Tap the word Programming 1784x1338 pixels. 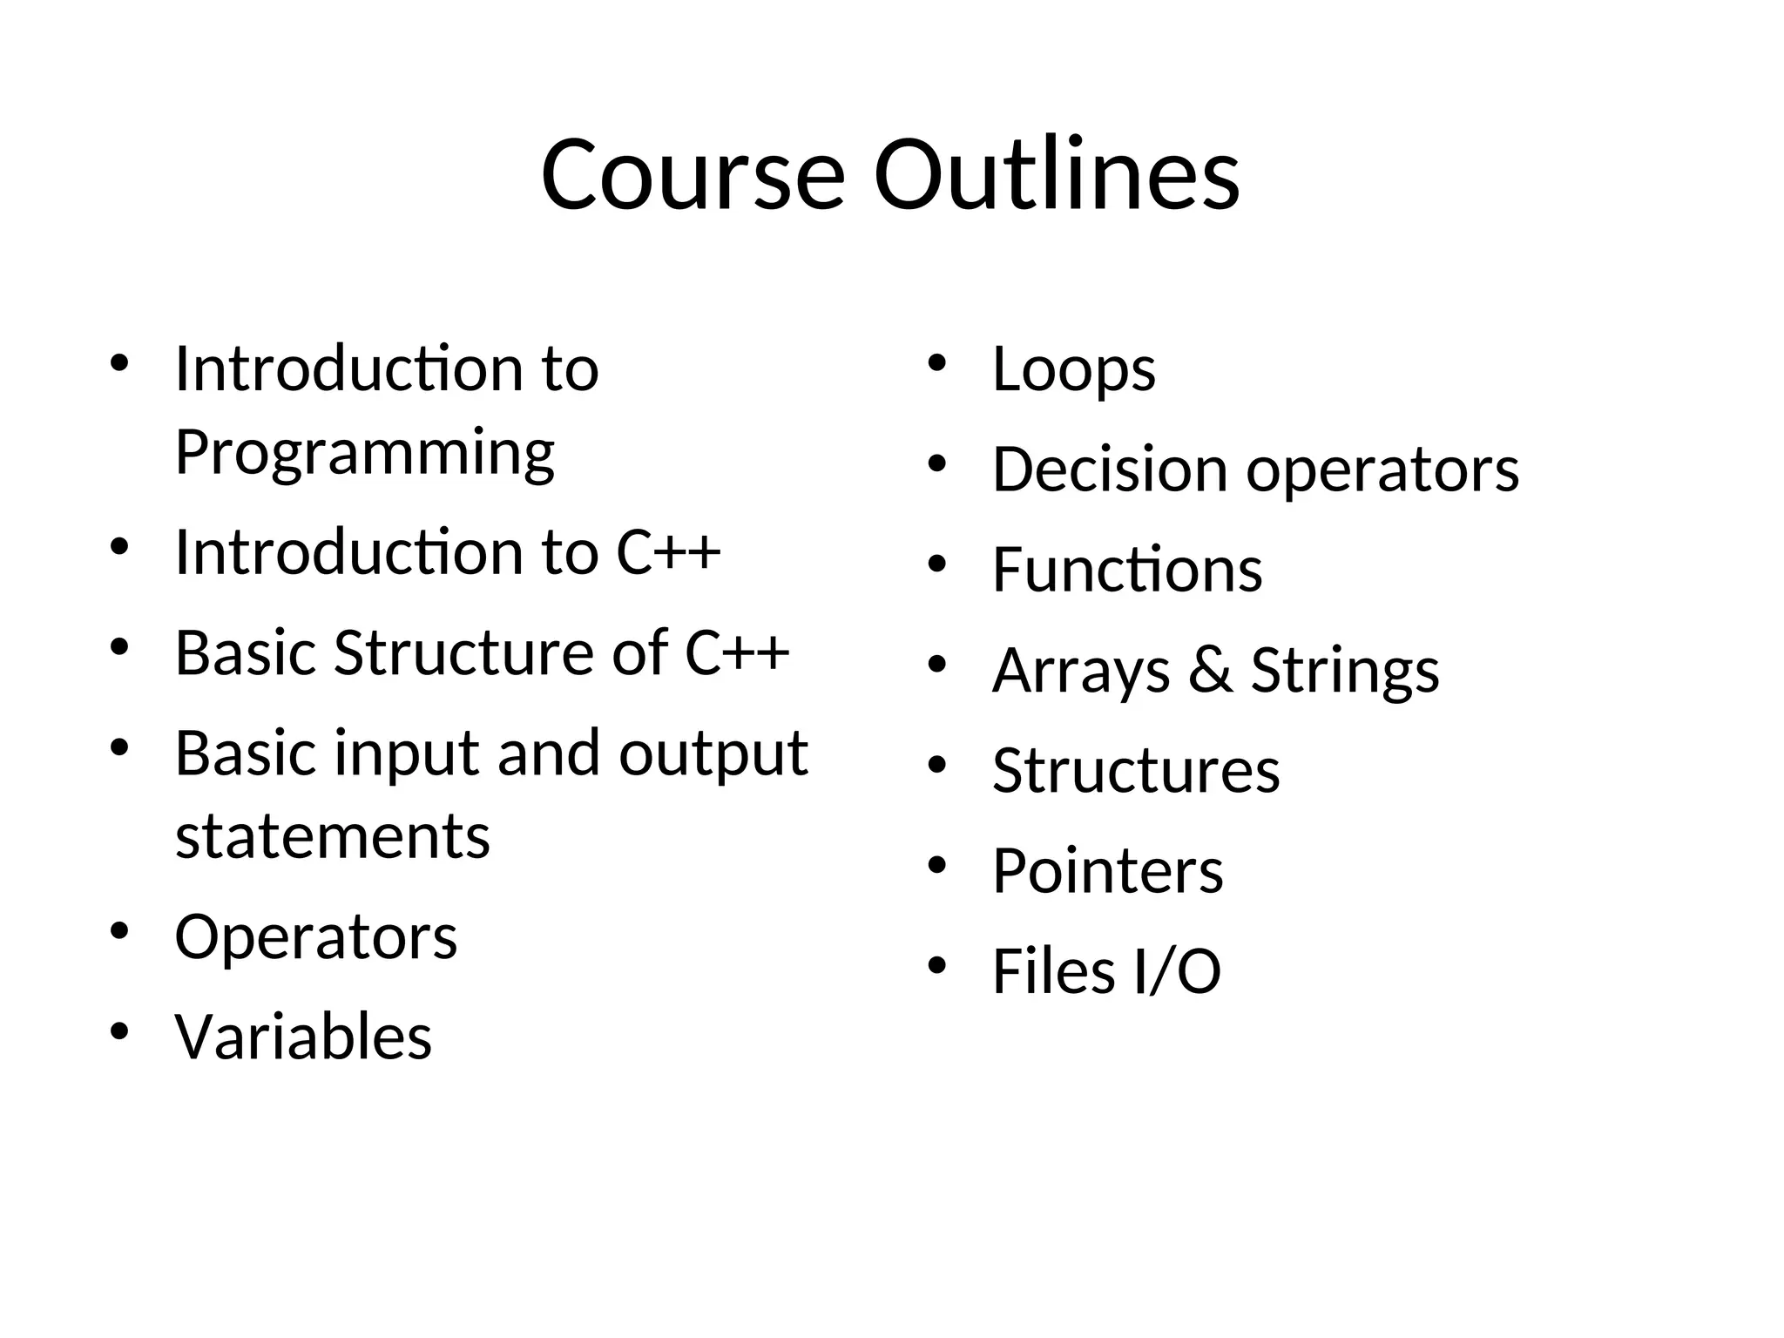point(364,453)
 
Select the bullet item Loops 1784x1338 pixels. point(1073,369)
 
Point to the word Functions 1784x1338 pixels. point(1127,570)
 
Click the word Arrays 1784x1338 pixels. point(1081,671)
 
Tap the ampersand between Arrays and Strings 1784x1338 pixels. point(1211,670)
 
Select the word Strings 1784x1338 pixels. point(1345,671)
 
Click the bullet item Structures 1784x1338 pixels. point(1136,771)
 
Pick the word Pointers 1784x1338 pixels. point(1107,871)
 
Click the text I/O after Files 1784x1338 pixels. point(1177,971)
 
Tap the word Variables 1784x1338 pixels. point(303,1037)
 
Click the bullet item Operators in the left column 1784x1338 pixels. point(315,937)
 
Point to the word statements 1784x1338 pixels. point(332,836)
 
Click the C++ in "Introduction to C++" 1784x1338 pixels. point(668,552)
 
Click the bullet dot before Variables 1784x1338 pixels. point(119,1031)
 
